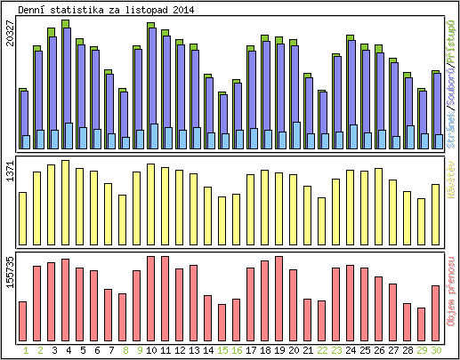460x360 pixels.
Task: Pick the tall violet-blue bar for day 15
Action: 222,116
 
